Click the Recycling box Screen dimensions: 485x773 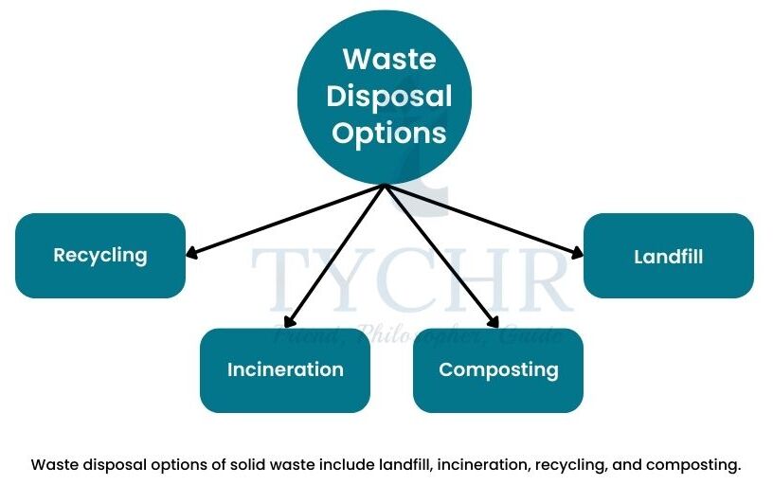100,255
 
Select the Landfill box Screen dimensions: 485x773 668,256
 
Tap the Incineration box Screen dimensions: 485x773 284,369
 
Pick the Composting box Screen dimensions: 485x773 498,369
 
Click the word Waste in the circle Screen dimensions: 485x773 389,59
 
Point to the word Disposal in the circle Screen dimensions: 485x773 390,96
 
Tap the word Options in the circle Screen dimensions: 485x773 389,132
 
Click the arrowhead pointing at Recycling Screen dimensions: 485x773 191,254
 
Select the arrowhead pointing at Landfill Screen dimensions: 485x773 578,252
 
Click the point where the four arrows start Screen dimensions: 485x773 386,186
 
